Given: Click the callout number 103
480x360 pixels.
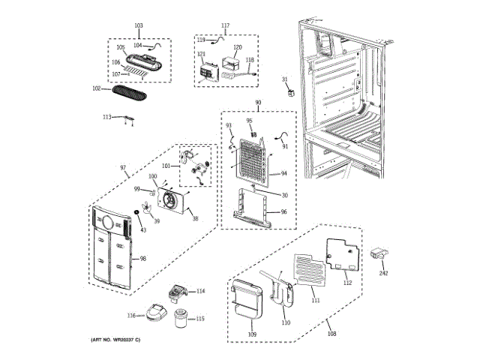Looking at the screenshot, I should (x=138, y=26).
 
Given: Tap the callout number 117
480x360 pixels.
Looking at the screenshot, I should (x=225, y=26).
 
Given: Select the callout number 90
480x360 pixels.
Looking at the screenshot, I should (x=258, y=102).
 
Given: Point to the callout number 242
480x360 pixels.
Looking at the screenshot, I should (x=384, y=274).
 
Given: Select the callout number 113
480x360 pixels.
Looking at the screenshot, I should (x=106, y=118).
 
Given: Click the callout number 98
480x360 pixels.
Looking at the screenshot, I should (x=142, y=259).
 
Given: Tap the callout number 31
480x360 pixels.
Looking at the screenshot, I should (x=284, y=79).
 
